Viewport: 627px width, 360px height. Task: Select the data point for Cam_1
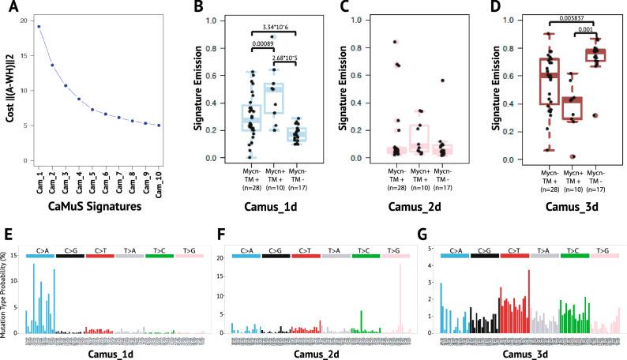pyautogui.click(x=39, y=26)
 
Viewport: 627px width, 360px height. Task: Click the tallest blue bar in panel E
pyautogui.click(x=34, y=265)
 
